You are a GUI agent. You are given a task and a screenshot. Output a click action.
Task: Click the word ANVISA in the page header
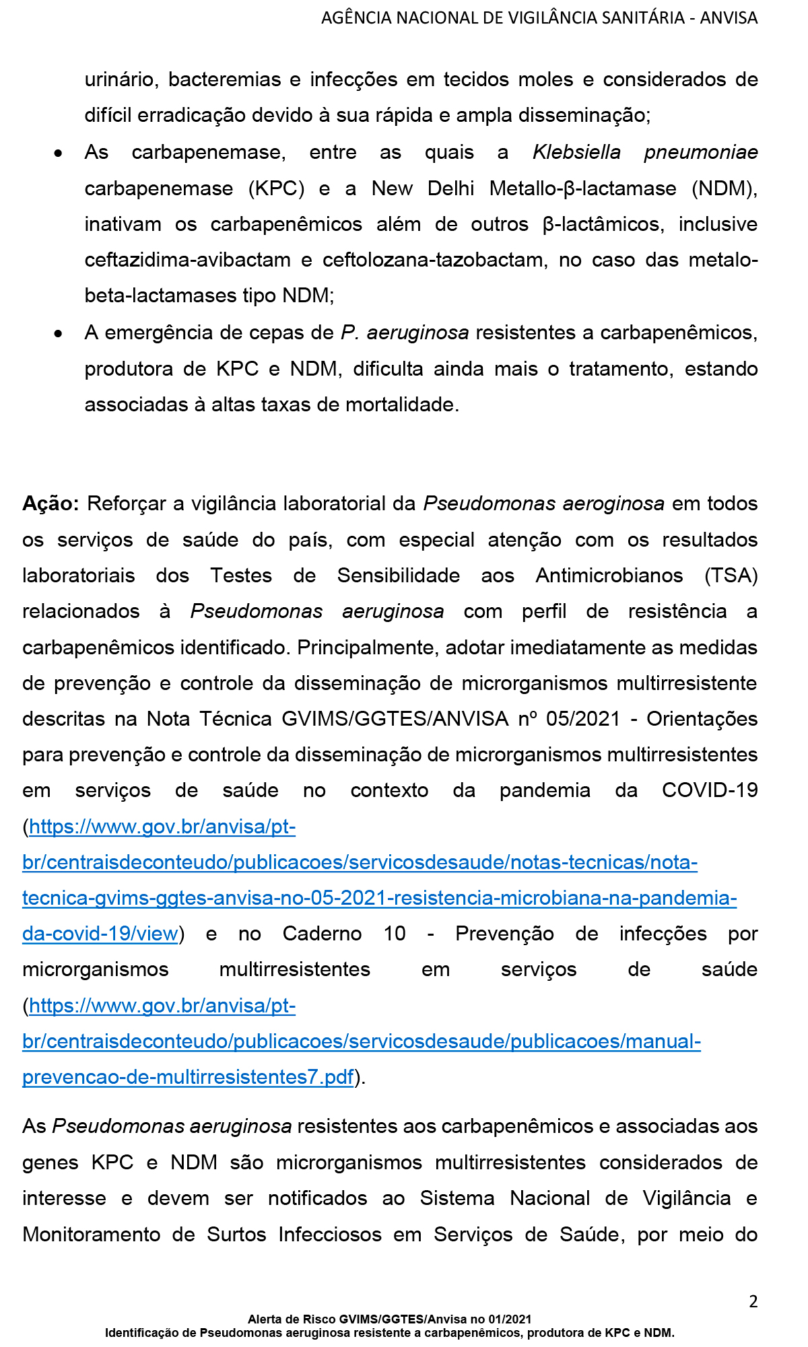[x=729, y=18]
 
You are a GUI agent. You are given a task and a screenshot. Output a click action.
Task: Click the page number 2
[x=753, y=1301]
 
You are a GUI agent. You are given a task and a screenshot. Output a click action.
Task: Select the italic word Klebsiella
[x=576, y=152]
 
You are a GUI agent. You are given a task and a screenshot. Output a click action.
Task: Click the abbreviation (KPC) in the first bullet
[x=276, y=188]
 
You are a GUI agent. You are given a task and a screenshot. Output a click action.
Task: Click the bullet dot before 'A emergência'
[x=59, y=333]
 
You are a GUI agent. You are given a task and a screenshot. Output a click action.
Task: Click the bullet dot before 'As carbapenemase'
[x=59, y=153]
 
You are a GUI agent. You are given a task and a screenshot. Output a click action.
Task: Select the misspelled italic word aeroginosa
[x=613, y=504]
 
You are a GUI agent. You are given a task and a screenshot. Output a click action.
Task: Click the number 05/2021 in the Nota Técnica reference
[x=583, y=719]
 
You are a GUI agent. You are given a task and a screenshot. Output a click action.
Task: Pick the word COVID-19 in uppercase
[x=710, y=790]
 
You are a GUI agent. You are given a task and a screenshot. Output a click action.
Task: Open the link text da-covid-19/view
[x=100, y=934]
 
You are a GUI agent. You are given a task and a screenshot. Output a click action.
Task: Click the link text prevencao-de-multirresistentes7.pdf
[x=188, y=1077]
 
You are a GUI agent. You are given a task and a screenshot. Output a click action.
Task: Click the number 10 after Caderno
[x=395, y=934]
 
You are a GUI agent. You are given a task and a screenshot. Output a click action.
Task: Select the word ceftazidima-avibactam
[x=188, y=260]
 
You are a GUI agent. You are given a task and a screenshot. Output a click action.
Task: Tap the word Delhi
[x=451, y=188]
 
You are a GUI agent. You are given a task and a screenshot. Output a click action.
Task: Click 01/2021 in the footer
[x=510, y=1319]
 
